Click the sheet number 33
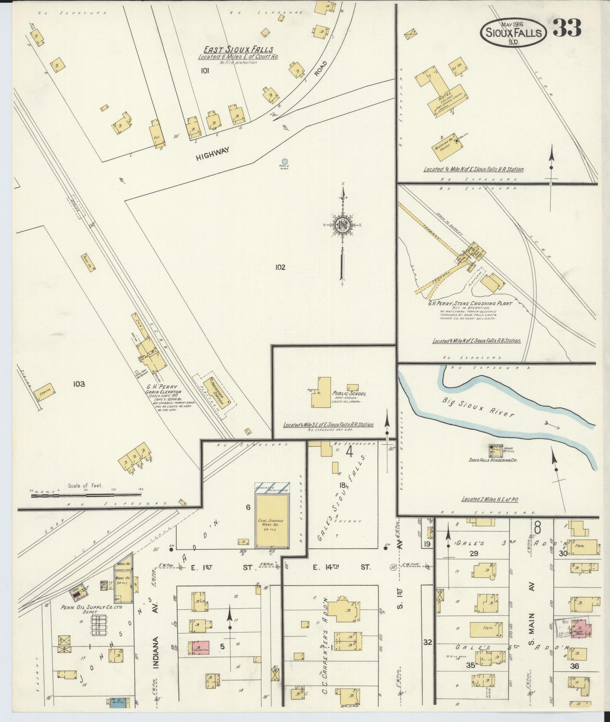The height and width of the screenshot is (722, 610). tap(567, 29)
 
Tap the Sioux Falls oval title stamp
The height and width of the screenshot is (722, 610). tap(513, 33)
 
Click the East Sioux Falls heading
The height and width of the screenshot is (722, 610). tap(238, 49)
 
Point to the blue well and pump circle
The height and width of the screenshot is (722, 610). tap(285, 161)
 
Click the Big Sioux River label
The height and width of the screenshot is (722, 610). tap(478, 407)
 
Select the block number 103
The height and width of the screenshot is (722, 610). tap(79, 384)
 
